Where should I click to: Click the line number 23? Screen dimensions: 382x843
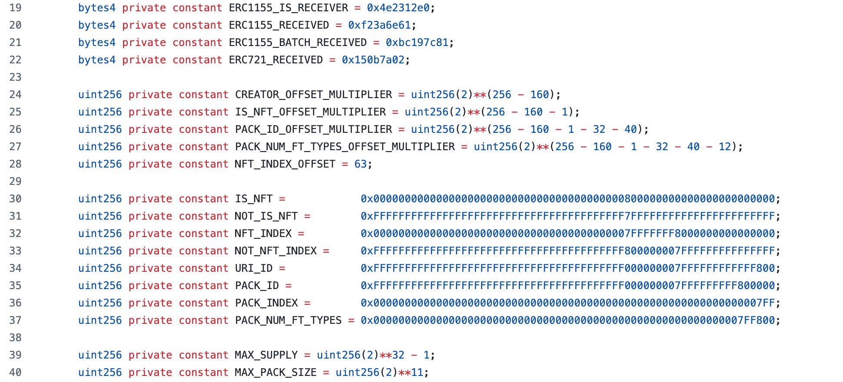[x=15, y=77]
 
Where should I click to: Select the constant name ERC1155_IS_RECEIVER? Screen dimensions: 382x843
[x=288, y=8]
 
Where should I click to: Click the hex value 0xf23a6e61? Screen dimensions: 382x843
[x=379, y=25]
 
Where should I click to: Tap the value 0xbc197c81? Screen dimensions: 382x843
[x=417, y=43]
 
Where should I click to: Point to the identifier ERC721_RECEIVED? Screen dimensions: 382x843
[x=275, y=60]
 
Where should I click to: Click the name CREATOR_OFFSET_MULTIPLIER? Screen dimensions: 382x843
[x=313, y=95]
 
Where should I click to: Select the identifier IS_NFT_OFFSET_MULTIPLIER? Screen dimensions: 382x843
[x=310, y=112]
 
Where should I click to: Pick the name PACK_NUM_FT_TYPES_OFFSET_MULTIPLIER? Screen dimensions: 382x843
[x=345, y=147]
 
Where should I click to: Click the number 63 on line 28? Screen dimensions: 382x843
[x=360, y=164]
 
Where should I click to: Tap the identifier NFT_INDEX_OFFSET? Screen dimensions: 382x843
[x=285, y=164]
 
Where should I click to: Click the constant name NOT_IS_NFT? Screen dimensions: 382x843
[x=266, y=216]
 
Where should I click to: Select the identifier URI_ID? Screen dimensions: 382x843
[x=254, y=268]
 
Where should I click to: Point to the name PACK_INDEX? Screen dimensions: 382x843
[x=266, y=303]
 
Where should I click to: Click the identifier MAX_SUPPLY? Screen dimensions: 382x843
[x=266, y=355]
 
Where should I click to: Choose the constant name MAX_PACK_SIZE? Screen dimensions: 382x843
[x=275, y=372]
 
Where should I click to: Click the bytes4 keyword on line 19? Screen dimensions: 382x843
[x=96, y=8]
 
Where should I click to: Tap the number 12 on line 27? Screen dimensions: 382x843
[x=725, y=147]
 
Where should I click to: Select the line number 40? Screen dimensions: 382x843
[x=15, y=372]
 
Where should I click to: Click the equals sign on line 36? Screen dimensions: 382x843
[x=307, y=303]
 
